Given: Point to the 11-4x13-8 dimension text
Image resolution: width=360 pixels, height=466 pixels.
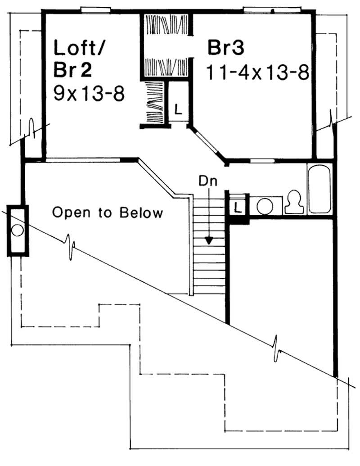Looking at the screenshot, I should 258,72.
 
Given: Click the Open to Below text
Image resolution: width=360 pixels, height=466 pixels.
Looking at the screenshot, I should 108,213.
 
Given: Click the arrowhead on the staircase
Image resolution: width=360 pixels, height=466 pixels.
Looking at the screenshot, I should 208,240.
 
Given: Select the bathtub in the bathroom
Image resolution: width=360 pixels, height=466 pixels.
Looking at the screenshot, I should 320,189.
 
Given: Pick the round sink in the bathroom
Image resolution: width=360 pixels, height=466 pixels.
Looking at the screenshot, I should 265,207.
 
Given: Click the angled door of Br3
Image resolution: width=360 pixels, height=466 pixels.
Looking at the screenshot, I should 207,144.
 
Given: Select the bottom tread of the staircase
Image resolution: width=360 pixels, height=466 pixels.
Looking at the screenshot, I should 208,290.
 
